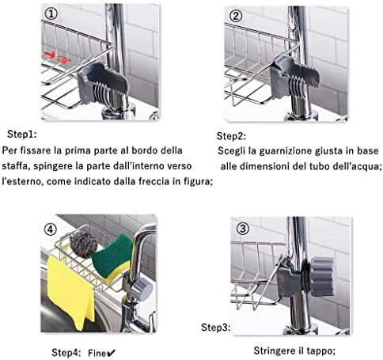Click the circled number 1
[x=51, y=13]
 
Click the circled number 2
[x=236, y=16]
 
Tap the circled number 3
[x=242, y=229]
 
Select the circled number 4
[x=50, y=229]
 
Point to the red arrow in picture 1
[x=49, y=55]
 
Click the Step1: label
[x=22, y=135]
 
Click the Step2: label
[x=231, y=136]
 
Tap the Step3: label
[x=216, y=328]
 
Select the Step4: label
[x=66, y=353]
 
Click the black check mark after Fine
[x=112, y=353]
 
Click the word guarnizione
[x=286, y=151]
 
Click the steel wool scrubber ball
[x=84, y=244]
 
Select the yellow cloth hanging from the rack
[x=70, y=292]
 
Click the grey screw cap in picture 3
[x=322, y=277]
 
